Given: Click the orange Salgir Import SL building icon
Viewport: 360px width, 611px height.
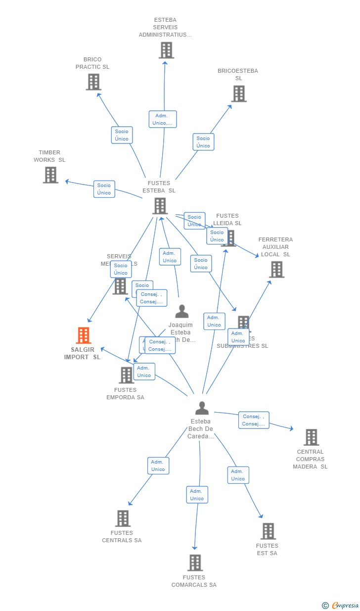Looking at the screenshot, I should click(x=84, y=335).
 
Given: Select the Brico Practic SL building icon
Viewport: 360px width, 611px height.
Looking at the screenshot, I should click(x=93, y=82).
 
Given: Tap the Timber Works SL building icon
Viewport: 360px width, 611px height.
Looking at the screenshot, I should click(x=50, y=175).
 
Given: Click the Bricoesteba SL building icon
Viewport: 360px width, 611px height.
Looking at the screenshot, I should click(x=239, y=94).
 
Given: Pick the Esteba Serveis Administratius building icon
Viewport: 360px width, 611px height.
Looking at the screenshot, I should click(x=166, y=50).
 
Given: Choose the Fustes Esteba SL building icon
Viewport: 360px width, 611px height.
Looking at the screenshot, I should click(x=160, y=206).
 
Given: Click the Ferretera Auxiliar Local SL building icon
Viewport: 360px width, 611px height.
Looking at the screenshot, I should click(x=276, y=270).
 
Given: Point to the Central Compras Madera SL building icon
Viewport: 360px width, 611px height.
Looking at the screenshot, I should click(x=311, y=437).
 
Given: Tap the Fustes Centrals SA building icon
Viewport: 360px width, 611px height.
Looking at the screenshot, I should click(x=123, y=518).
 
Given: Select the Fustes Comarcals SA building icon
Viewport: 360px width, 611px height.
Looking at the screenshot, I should click(x=195, y=563).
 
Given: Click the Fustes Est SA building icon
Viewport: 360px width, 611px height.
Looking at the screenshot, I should click(x=268, y=531).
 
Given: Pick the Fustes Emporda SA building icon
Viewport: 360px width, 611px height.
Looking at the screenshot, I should click(x=127, y=375).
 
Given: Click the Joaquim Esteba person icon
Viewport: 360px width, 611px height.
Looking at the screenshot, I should click(x=182, y=312).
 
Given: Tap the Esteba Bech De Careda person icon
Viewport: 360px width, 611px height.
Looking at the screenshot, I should click(x=202, y=408).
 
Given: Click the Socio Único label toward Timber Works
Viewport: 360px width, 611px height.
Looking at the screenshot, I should click(x=104, y=189).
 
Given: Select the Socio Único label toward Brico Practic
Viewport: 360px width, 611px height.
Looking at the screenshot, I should click(x=122, y=135).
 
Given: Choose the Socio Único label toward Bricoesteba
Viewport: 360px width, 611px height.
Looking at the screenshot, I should click(x=203, y=142).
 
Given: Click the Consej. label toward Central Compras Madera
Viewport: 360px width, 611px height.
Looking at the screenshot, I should click(x=254, y=420).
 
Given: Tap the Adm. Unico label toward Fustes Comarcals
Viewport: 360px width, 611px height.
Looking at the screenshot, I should click(x=197, y=495).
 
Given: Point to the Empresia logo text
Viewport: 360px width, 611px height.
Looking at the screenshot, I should click(x=345, y=605).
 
